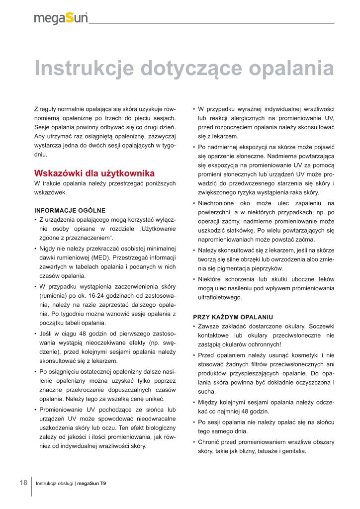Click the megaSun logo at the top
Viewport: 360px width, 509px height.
[61, 18]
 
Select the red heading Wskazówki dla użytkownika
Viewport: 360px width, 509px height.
[94, 173]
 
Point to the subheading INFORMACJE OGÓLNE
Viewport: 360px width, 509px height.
[70, 210]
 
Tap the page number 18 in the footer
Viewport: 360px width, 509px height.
[23, 483]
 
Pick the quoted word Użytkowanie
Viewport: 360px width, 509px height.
[158, 229]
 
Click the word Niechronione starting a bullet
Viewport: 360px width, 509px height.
[218, 203]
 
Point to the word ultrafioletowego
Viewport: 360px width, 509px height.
[220, 297]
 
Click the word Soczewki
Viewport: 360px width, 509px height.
[321, 327]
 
